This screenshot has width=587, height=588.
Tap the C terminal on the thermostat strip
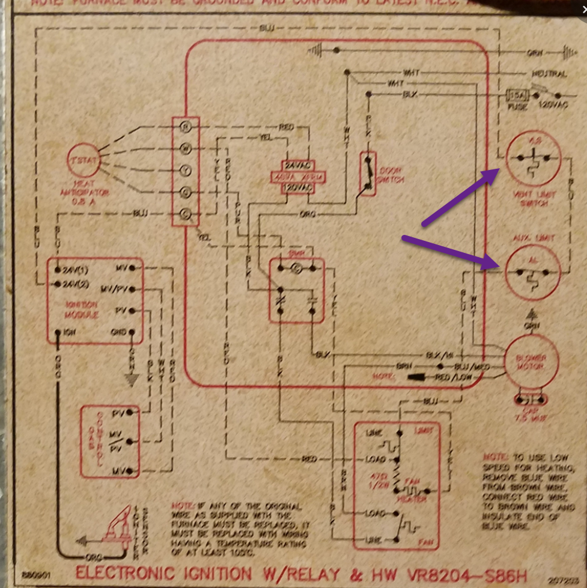[x=185, y=212]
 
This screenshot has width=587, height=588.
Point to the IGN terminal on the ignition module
[x=58, y=332]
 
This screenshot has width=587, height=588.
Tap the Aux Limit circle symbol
[x=532, y=271]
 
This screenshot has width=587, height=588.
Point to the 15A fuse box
[x=517, y=95]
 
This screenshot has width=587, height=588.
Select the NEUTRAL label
[x=549, y=74]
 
